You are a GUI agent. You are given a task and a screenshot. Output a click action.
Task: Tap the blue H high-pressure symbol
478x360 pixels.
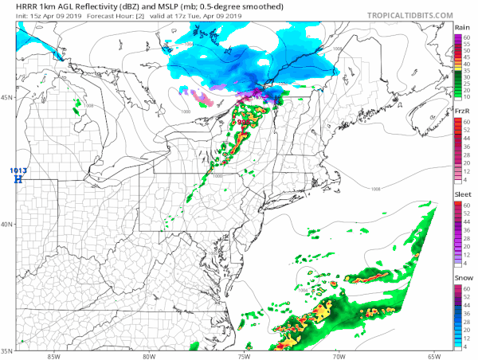(x=18, y=179)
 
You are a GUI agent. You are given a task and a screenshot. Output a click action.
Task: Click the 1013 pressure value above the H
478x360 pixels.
(x=18, y=170)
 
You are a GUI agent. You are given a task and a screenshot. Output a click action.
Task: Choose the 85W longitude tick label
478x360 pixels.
(x=53, y=355)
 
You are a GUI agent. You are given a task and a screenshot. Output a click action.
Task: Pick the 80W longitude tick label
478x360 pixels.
(x=148, y=355)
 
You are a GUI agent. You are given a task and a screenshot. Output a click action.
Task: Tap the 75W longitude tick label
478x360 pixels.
(x=243, y=355)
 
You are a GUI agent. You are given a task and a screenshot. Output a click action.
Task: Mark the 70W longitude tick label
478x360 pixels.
(x=338, y=355)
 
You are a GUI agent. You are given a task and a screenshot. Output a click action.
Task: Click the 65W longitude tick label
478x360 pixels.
(x=433, y=355)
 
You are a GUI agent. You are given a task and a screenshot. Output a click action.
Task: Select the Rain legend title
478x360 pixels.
(x=461, y=28)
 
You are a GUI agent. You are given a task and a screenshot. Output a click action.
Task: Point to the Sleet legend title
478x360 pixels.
(x=461, y=194)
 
